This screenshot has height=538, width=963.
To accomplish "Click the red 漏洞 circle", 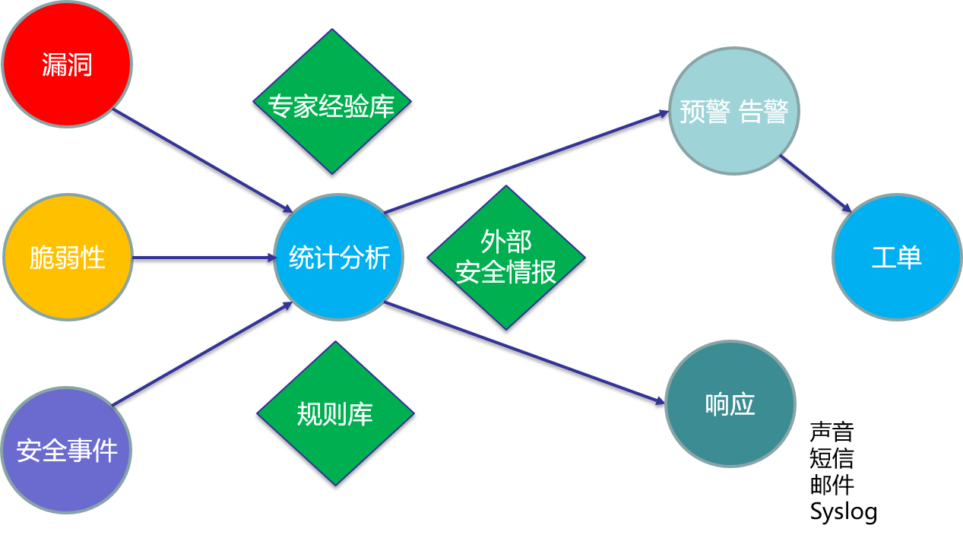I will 67,64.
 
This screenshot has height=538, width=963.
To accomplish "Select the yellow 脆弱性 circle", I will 68,258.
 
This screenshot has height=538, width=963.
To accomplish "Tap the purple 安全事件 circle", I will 66,450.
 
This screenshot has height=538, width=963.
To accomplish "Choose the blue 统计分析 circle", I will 339,258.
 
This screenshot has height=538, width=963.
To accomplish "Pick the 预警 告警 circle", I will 733,112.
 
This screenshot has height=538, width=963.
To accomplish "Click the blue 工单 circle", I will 897,258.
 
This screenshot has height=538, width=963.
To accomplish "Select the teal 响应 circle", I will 730,403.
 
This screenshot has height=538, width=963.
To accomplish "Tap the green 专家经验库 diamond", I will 331,102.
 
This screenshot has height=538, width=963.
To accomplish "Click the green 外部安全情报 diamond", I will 506,258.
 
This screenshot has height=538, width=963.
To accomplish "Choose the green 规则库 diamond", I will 335,413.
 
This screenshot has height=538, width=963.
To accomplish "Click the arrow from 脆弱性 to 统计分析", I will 204,258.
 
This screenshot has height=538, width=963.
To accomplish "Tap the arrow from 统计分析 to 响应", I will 524,352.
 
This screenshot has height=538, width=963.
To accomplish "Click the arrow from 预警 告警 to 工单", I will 815,183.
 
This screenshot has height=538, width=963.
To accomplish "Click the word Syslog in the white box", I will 844,511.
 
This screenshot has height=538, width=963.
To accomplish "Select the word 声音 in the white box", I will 832,432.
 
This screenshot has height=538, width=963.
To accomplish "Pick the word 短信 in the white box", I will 832,459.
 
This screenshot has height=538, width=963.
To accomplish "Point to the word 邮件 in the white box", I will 832,485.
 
